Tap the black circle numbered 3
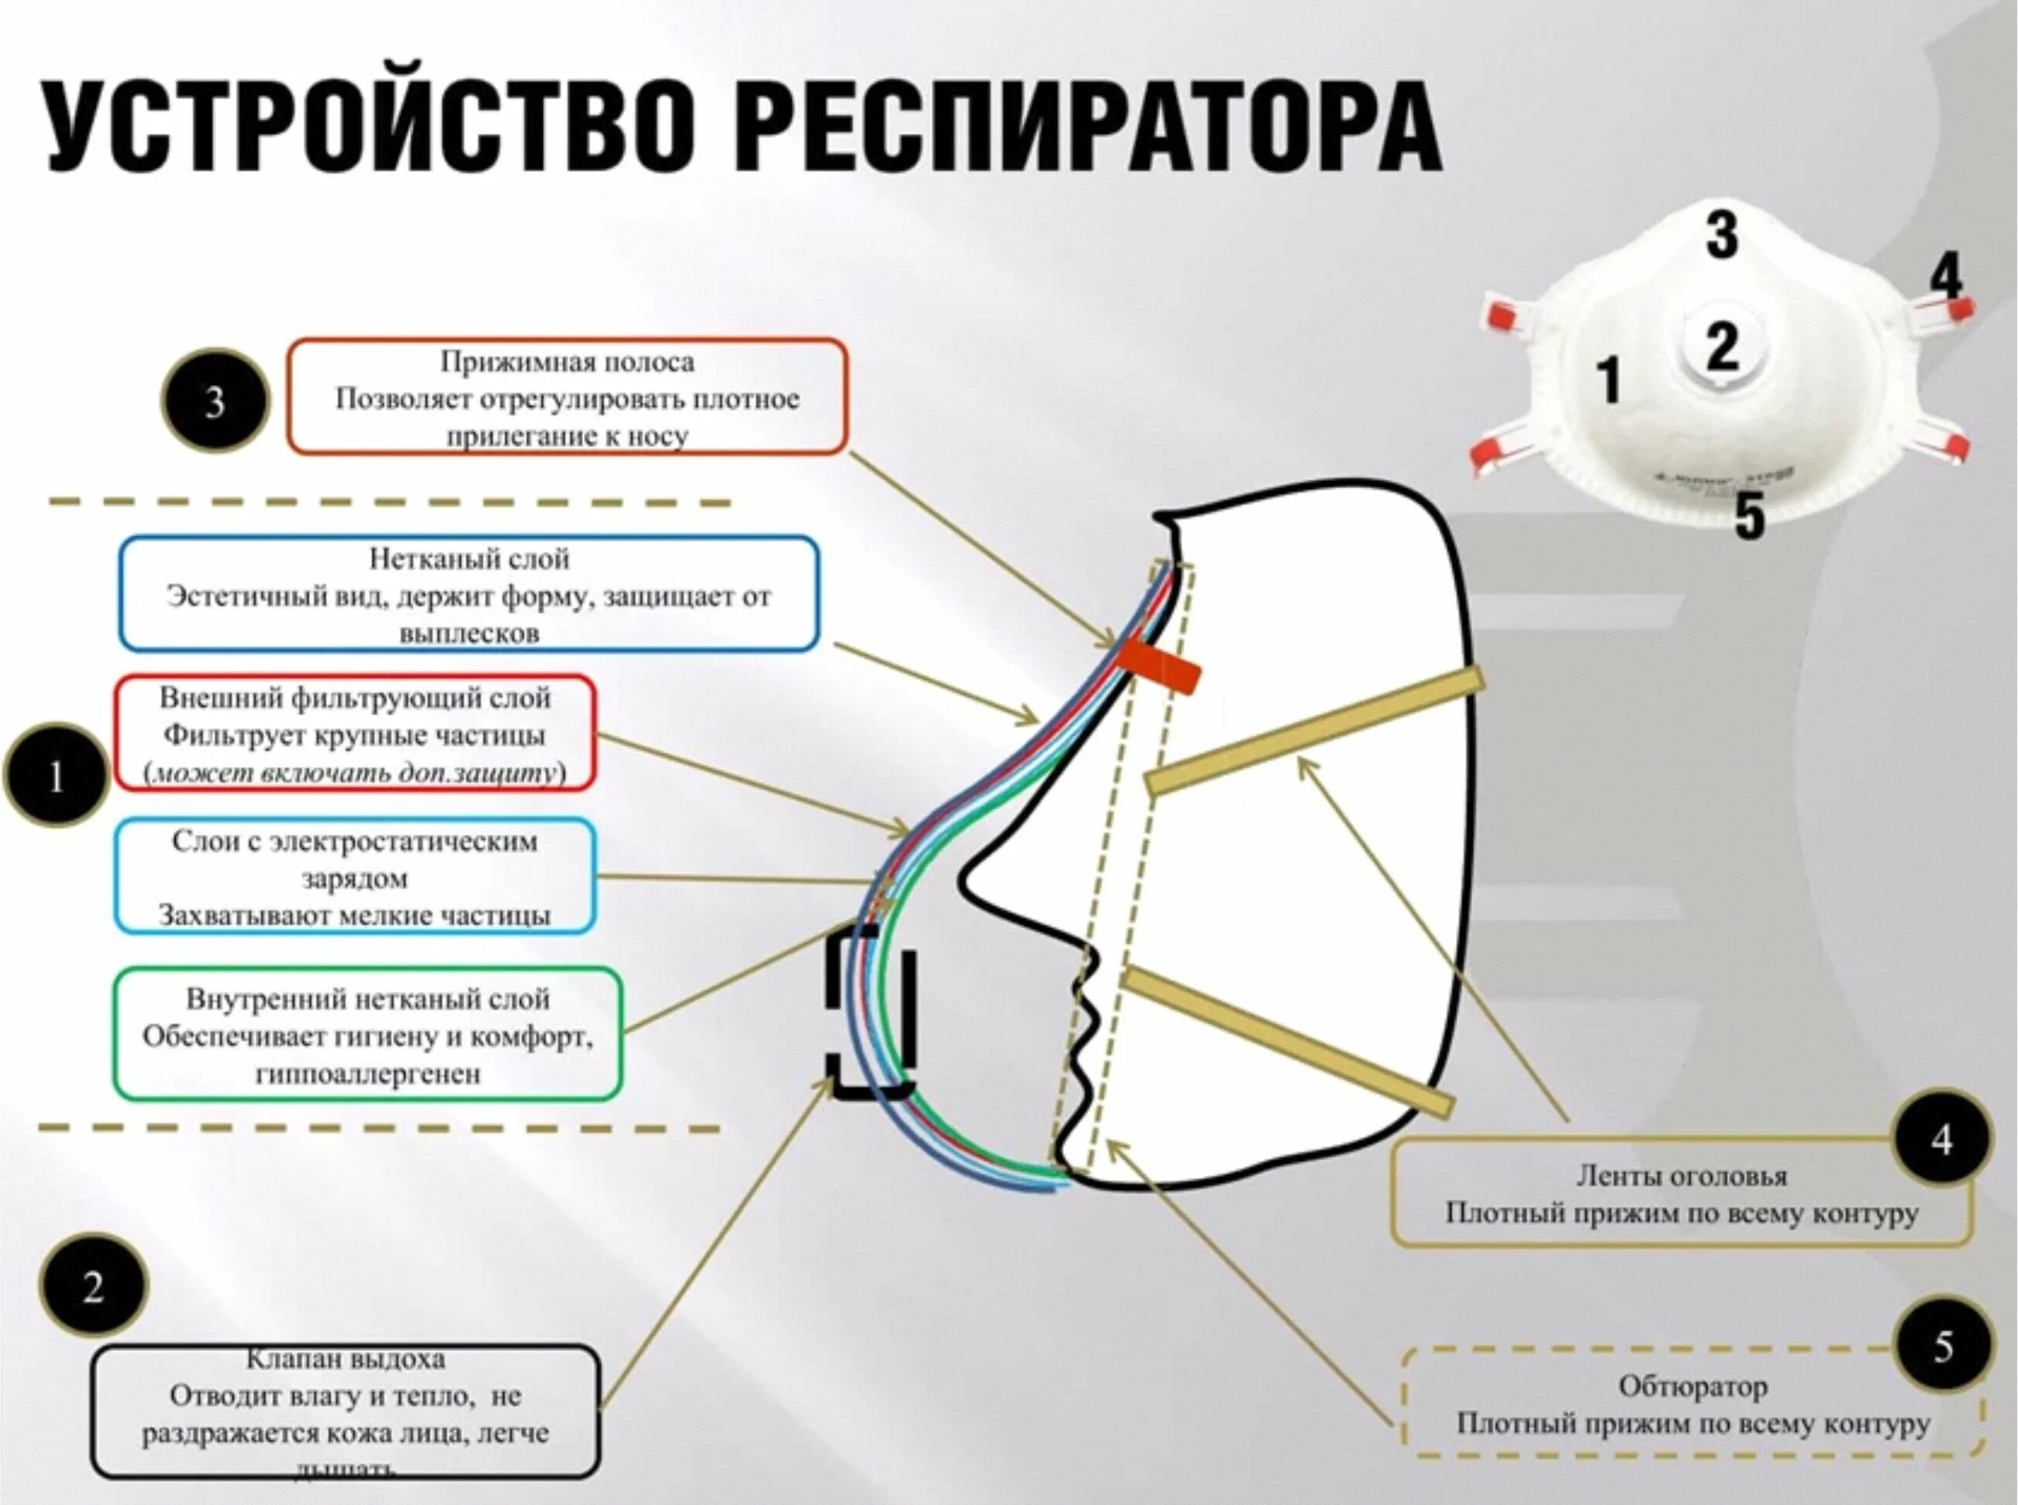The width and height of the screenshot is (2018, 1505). pyautogui.click(x=215, y=401)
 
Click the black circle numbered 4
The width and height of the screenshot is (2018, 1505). pyautogui.click(x=1941, y=1138)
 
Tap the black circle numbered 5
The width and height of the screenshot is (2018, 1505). pyautogui.click(x=1941, y=1346)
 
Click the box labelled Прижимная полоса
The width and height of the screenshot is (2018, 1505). pyautogui.click(x=568, y=398)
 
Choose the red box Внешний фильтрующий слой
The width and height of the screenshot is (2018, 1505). pyautogui.click(x=355, y=734)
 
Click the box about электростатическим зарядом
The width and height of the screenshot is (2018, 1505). pyautogui.click(x=355, y=877)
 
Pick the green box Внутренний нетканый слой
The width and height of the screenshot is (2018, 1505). pyautogui.click(x=368, y=1035)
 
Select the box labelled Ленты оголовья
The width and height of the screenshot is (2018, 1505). pyautogui.click(x=1680, y=1195)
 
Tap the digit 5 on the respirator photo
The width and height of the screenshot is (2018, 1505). pyautogui.click(x=1750, y=515)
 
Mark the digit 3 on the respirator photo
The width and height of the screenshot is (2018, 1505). pyautogui.click(x=1721, y=235)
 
